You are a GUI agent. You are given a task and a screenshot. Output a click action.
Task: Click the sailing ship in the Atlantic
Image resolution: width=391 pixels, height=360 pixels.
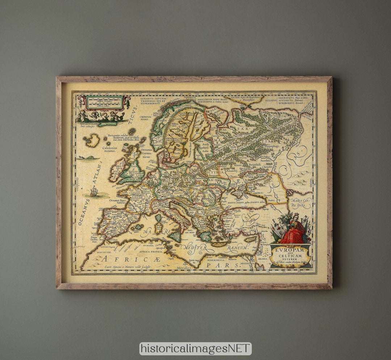tap(94, 191)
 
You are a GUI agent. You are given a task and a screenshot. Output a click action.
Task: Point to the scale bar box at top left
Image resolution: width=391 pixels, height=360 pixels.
tap(103, 102)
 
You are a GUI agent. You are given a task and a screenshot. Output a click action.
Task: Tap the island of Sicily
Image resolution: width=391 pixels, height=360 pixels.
tap(175, 237)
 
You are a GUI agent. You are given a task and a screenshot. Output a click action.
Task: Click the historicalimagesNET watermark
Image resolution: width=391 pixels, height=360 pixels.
tap(195, 348)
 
